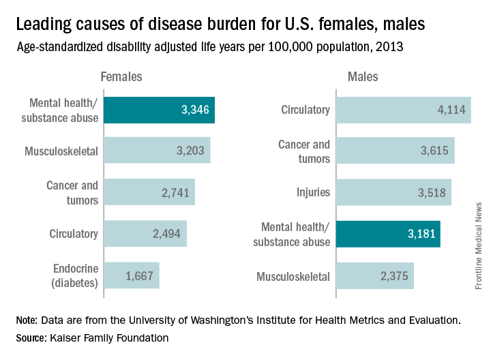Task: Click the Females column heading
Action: [120, 78]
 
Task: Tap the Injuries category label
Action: [314, 192]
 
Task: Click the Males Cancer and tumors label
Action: [304, 151]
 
